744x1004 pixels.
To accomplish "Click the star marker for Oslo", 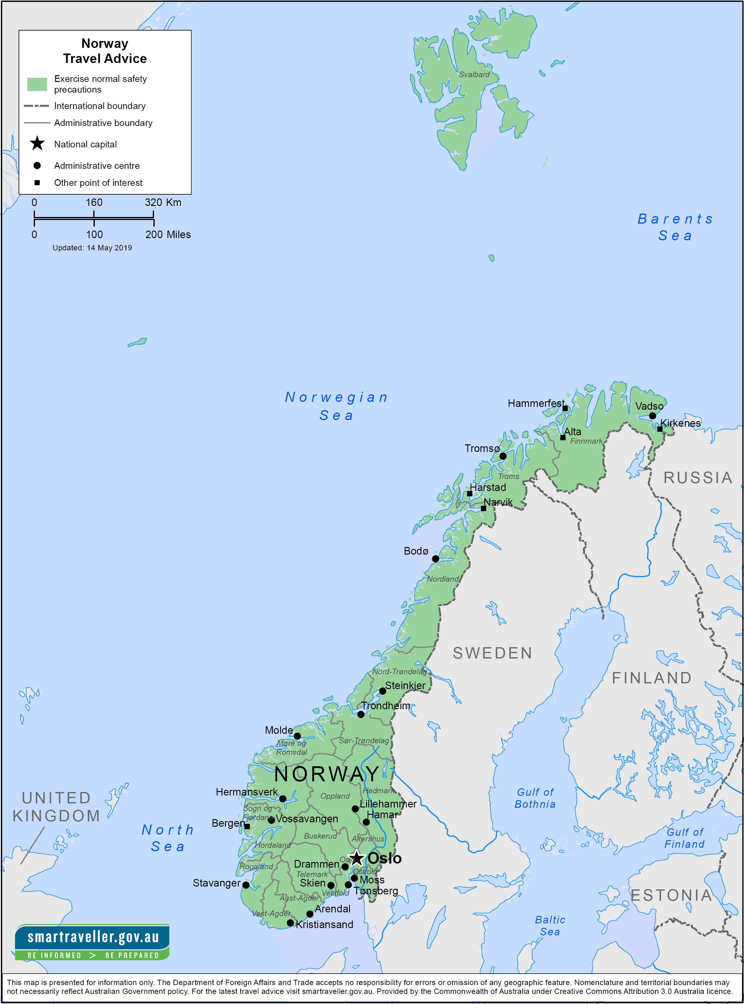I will coord(357,858).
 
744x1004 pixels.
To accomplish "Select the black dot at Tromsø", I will coord(503,456).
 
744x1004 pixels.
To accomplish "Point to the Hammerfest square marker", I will coord(565,408).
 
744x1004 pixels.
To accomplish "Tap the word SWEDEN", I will coord(492,653).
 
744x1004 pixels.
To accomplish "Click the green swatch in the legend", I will coord(37,84).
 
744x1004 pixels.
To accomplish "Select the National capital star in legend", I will coord(37,144).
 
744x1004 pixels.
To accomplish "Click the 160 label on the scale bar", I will coord(94,203).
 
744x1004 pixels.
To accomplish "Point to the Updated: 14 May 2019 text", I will coord(92,248).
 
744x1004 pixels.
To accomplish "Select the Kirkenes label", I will coord(680,423).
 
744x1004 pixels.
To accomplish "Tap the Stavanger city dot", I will coord(246,885).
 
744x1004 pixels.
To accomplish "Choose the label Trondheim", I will coord(386,705).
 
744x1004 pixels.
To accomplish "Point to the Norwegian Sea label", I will coord(336,406).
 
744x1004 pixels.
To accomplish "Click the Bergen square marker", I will coord(247,827).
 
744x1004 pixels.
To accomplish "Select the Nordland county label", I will coord(442,579).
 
